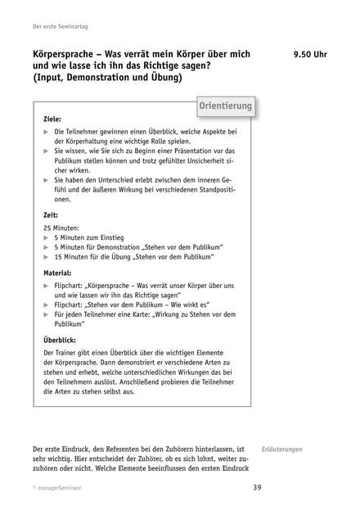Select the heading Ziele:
(53, 119)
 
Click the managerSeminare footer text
(52, 489)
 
